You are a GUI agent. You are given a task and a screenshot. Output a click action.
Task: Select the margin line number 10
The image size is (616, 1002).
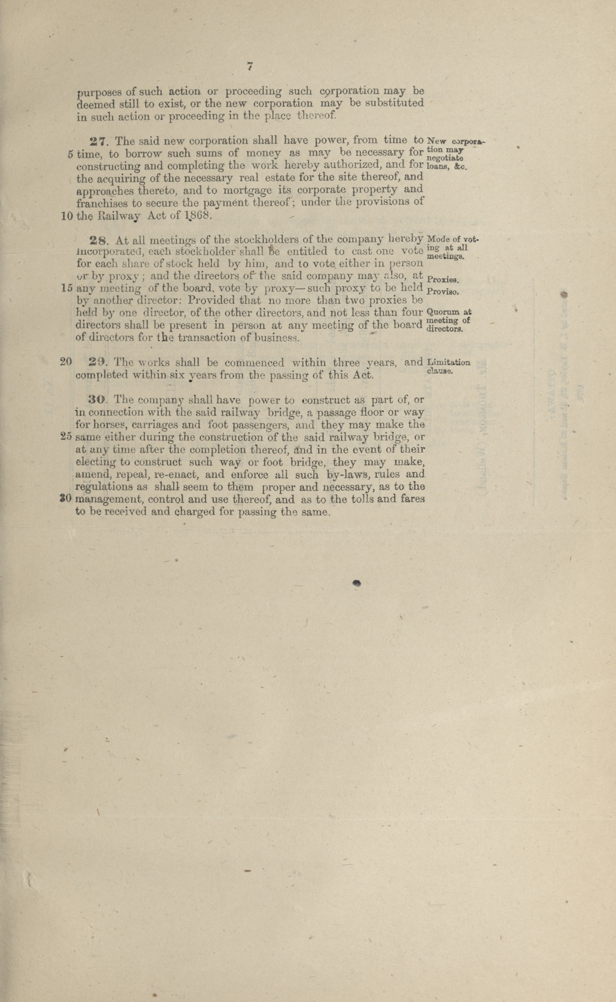coord(67,216)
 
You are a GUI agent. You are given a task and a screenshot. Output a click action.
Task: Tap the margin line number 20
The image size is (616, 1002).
coord(66,361)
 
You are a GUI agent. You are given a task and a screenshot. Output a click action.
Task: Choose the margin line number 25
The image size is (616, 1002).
coord(66,437)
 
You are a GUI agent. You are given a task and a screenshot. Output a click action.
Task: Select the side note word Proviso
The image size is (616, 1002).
coord(443,292)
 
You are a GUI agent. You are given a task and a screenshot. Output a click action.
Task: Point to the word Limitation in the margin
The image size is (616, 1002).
coord(448,362)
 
